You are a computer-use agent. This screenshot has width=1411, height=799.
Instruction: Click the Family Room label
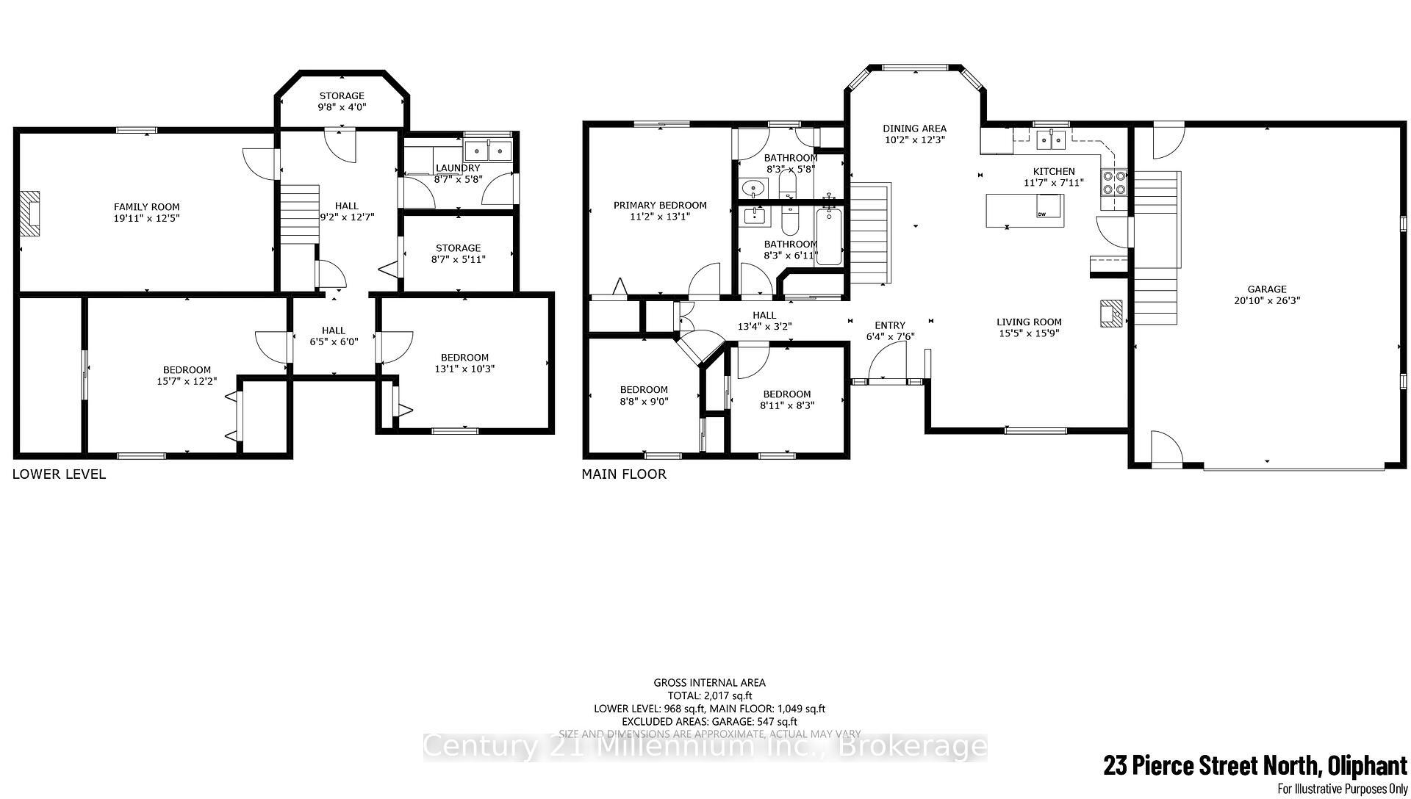[146, 207]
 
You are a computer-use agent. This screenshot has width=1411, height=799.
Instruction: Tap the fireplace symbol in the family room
[30, 214]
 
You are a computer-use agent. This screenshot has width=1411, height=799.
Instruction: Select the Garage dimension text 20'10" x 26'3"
[1266, 300]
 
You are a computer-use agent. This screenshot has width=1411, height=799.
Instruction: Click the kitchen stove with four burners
[1113, 182]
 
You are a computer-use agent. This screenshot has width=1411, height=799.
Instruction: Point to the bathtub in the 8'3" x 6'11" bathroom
[829, 236]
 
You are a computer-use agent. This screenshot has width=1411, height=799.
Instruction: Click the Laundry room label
[457, 168]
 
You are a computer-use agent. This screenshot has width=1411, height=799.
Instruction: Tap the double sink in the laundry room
[489, 151]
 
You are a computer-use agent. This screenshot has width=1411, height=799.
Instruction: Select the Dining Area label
[914, 129]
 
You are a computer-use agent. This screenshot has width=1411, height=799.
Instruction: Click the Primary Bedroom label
[660, 206]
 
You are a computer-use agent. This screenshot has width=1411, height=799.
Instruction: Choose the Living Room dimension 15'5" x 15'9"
[1029, 333]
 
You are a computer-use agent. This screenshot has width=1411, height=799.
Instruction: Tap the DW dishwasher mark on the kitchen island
[1042, 214]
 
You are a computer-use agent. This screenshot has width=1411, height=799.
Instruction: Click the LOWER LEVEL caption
[59, 474]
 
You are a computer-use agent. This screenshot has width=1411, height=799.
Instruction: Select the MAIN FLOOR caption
[624, 474]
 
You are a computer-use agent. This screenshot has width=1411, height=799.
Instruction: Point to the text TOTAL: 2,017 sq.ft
[709, 695]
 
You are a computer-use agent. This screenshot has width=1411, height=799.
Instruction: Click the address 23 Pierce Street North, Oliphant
[1254, 767]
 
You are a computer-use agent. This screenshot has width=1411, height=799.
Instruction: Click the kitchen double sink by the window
[1052, 138]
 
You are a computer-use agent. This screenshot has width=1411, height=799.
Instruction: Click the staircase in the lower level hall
[299, 214]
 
